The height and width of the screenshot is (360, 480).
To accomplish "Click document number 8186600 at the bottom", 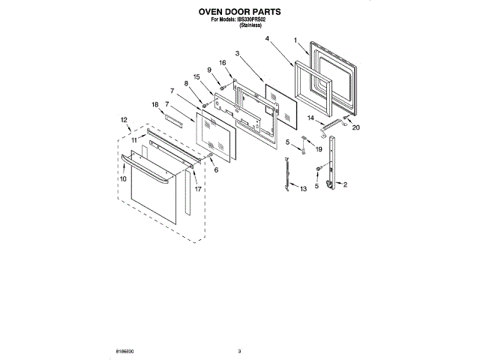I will [x=126, y=351].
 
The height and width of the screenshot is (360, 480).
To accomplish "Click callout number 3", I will [x=236, y=53].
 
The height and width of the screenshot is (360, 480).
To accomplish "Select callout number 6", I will [x=216, y=170].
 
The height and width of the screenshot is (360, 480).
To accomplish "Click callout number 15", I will [x=197, y=76].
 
